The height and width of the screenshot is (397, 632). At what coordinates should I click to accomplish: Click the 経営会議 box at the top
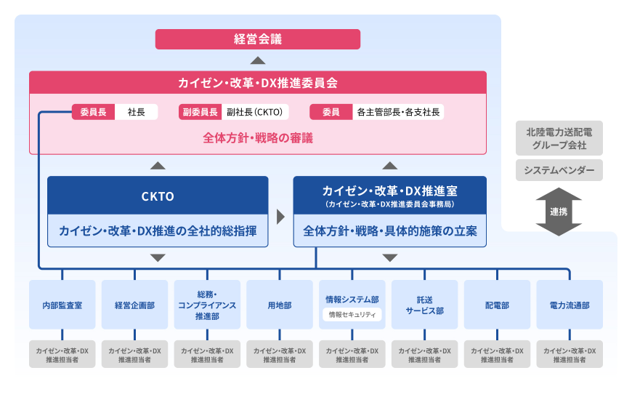coord(257,39)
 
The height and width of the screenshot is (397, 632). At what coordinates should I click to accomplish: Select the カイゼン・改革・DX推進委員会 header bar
coord(257,82)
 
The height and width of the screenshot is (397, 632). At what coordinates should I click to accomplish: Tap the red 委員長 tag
coord(93,112)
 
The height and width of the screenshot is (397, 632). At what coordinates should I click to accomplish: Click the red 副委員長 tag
coord(199,112)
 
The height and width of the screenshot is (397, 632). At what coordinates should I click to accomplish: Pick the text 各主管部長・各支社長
coord(399,112)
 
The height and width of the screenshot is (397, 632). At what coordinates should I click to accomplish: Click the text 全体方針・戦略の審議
coord(257,137)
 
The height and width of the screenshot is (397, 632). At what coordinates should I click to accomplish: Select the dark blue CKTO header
coord(158,196)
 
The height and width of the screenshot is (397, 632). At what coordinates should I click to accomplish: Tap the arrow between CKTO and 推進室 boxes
coord(280,217)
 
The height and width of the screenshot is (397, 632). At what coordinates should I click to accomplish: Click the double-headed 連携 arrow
coord(558,212)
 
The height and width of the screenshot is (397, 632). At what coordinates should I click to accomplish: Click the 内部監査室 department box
coord(62,305)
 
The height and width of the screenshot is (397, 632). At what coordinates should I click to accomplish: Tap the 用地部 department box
coord(280,305)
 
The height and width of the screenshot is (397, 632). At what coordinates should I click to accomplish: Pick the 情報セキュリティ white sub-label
coord(352,315)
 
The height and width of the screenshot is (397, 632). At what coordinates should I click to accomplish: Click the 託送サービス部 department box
coord(425,305)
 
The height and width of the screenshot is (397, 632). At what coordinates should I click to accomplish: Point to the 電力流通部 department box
coord(570,305)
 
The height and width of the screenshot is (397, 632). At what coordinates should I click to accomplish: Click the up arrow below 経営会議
coord(257,60)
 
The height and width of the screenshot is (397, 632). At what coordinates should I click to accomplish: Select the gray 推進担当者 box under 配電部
coord(498,354)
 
